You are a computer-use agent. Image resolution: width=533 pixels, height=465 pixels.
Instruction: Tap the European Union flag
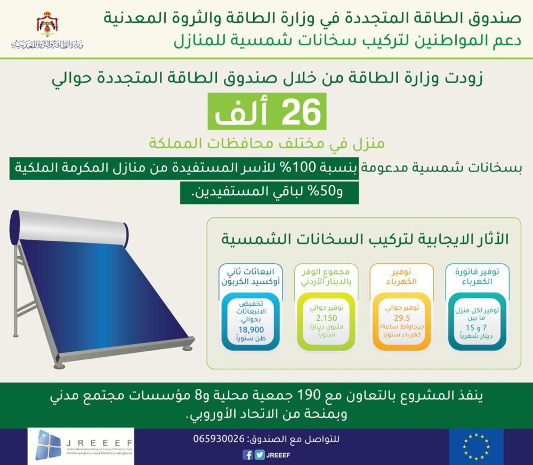click(x=476, y=446)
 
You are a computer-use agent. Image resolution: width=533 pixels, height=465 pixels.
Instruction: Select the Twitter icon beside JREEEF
click(x=259, y=455)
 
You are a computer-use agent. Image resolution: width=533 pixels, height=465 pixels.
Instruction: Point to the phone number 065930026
click(x=219, y=439)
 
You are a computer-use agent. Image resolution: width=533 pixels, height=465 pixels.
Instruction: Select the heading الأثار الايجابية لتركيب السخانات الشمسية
click(x=365, y=240)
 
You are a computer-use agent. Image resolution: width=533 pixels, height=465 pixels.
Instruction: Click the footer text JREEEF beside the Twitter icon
click(x=281, y=455)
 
